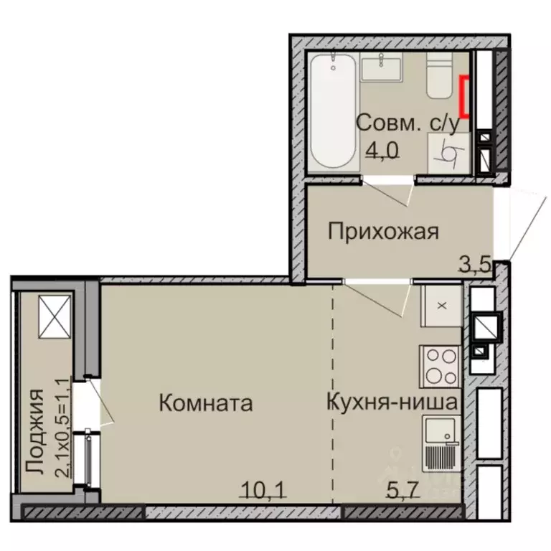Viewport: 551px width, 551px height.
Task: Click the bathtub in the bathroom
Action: [334, 111]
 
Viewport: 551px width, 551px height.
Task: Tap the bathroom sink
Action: [382, 70]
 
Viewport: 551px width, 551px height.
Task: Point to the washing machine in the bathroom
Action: [444, 153]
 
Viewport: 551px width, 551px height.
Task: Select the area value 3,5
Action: [474, 263]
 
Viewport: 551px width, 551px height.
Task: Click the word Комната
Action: [205, 403]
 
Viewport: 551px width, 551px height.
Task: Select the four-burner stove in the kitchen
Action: [439, 366]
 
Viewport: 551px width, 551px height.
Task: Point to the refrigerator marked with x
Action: [441, 306]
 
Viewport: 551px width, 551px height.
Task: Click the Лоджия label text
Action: [34, 430]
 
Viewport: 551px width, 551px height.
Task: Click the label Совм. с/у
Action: [407, 123]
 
